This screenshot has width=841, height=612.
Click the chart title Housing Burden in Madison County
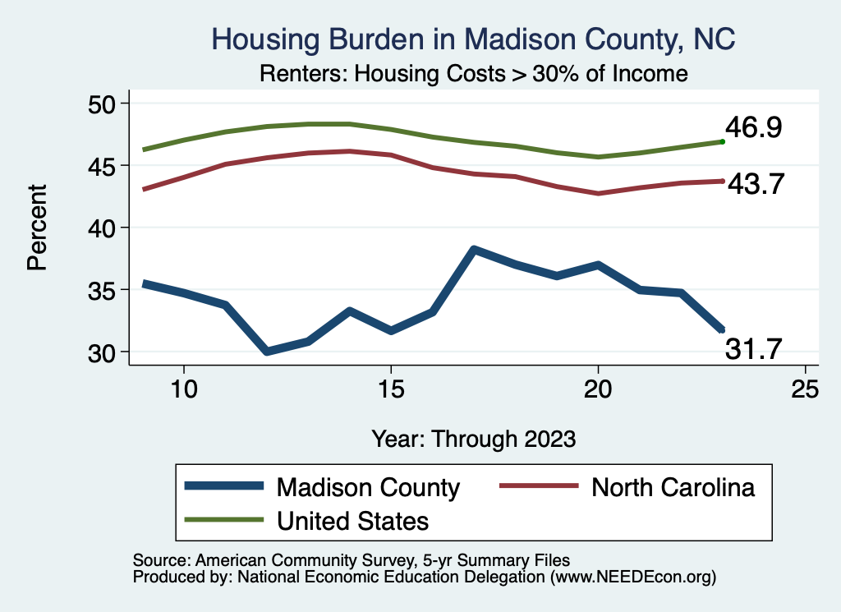click(473, 38)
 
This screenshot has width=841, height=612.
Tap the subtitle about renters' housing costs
click(473, 73)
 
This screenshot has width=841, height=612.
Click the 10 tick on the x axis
click(183, 389)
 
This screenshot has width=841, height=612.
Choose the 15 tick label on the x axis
click(391, 389)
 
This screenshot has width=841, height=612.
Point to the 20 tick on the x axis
click(598, 389)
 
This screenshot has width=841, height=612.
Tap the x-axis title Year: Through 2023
click(473, 438)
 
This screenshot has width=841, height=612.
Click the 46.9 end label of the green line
click(752, 128)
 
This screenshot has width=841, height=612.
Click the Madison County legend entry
click(368, 487)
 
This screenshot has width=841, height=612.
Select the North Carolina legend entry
click(673, 487)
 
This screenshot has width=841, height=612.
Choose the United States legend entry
click(353, 521)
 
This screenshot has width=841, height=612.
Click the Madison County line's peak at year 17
click(474, 249)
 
